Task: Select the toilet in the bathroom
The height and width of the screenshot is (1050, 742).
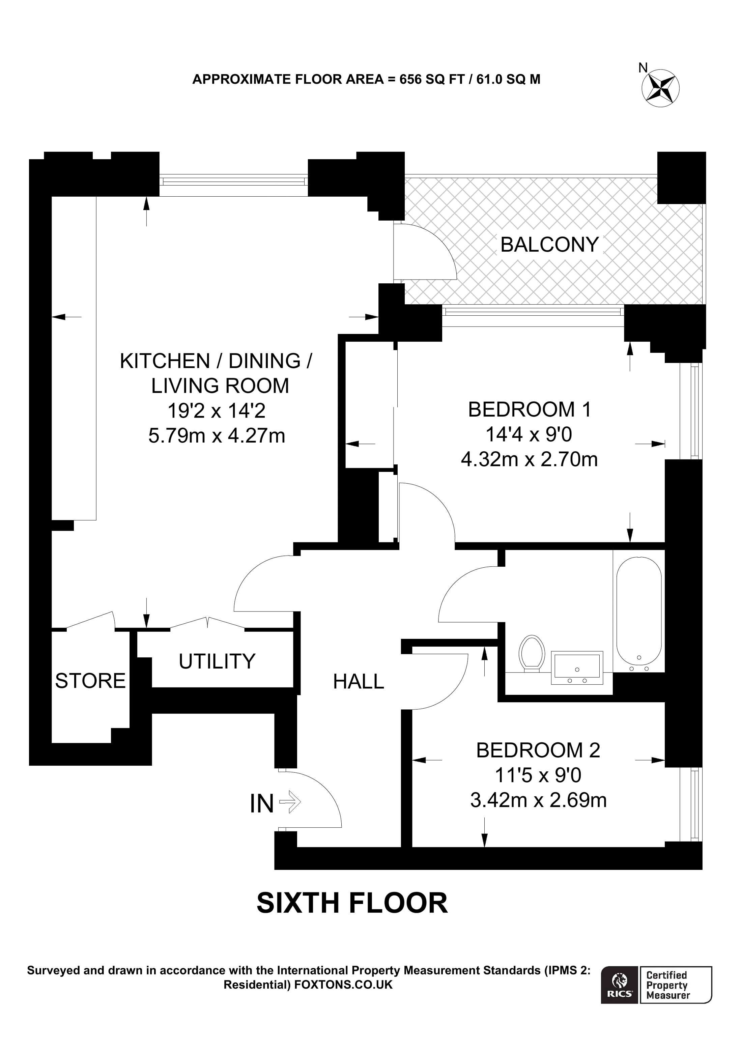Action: (x=532, y=653)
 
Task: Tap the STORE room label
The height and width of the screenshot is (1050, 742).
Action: (x=90, y=681)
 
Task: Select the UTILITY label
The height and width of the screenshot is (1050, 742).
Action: (x=217, y=661)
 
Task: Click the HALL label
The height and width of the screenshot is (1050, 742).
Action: (x=359, y=682)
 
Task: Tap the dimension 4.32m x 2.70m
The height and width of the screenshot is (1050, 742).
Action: (x=529, y=459)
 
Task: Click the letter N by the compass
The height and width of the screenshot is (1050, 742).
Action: (x=643, y=68)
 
